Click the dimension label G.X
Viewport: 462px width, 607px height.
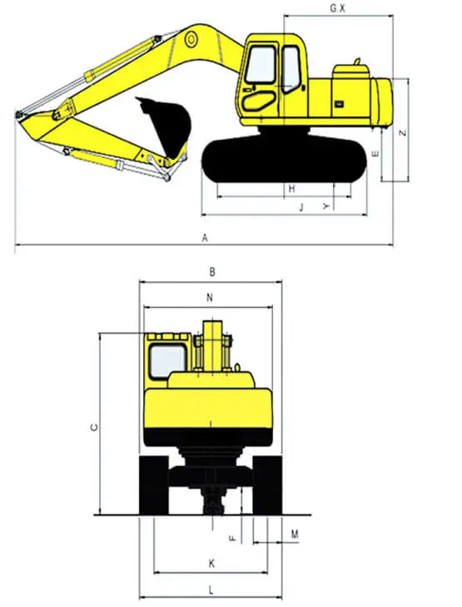click(337, 8)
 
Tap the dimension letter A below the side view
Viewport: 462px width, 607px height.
click(205, 238)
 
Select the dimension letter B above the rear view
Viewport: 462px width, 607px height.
click(212, 272)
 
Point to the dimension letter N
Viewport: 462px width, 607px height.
click(210, 298)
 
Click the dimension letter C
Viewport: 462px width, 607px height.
click(94, 427)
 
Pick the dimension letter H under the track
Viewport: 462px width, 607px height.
click(292, 189)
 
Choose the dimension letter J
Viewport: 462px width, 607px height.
click(301, 207)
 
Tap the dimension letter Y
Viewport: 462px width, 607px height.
click(327, 206)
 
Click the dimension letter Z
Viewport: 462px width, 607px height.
click(403, 132)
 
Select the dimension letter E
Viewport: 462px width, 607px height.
click(375, 154)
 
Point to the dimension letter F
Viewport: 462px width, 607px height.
click(232, 538)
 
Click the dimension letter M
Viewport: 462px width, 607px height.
click(295, 534)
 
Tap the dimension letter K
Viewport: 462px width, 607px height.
click(211, 563)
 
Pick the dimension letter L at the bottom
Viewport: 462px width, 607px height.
click(211, 590)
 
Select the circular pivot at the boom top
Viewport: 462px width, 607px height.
click(191, 39)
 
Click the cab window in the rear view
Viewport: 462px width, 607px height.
click(167, 362)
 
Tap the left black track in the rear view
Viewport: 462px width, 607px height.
click(154, 485)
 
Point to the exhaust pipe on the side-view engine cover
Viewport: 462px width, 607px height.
click(357, 62)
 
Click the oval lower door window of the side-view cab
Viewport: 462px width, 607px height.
click(259, 101)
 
